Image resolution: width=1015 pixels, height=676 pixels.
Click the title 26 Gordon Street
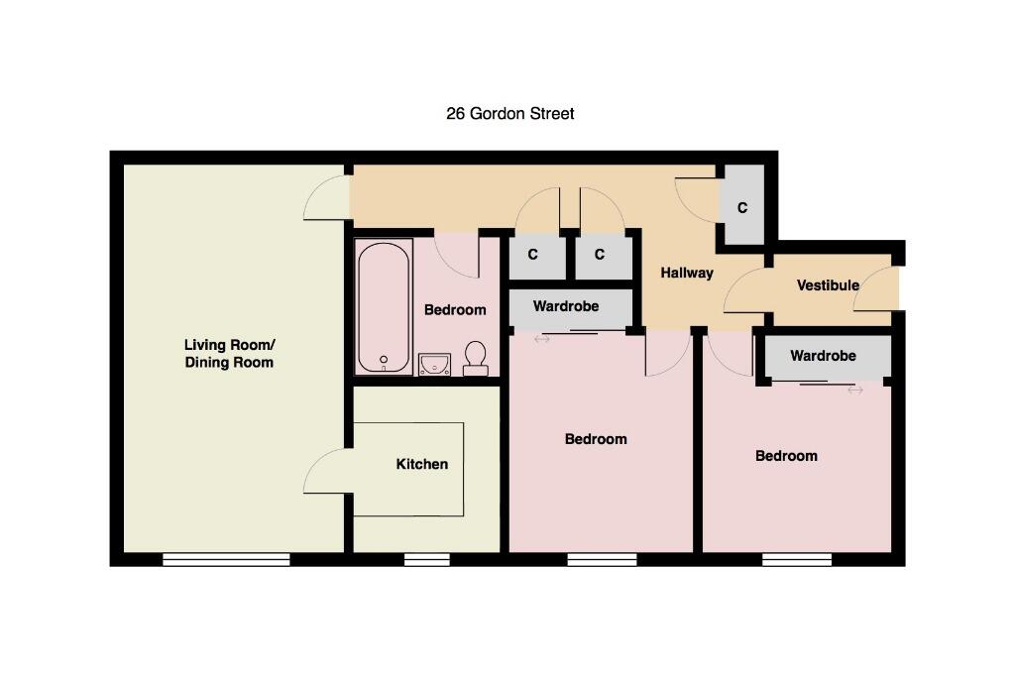point(510,114)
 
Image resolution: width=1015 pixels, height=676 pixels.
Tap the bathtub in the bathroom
point(384,307)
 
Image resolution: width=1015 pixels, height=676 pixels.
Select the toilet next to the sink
point(475,359)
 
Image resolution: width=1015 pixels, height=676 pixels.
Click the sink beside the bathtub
point(434,365)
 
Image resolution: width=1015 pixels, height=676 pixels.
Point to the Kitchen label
point(422,464)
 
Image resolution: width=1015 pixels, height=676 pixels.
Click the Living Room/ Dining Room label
point(229,354)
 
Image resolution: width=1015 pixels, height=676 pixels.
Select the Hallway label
point(687,274)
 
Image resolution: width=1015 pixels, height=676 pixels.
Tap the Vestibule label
point(828,285)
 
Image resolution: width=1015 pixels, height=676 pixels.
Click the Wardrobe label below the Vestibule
point(823,356)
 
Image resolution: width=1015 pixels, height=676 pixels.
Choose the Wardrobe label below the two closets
point(566,306)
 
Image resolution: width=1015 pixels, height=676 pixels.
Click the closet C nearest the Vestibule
point(742,208)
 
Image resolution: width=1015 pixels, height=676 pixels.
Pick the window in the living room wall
point(226,559)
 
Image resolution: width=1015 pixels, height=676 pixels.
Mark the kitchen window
point(427,559)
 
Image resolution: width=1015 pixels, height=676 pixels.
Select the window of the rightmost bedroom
point(797,559)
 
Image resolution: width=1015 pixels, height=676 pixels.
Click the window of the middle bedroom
point(602,559)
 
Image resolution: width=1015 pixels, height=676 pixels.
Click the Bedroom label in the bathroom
point(455,310)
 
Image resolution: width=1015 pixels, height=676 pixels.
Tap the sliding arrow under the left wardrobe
point(542,339)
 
